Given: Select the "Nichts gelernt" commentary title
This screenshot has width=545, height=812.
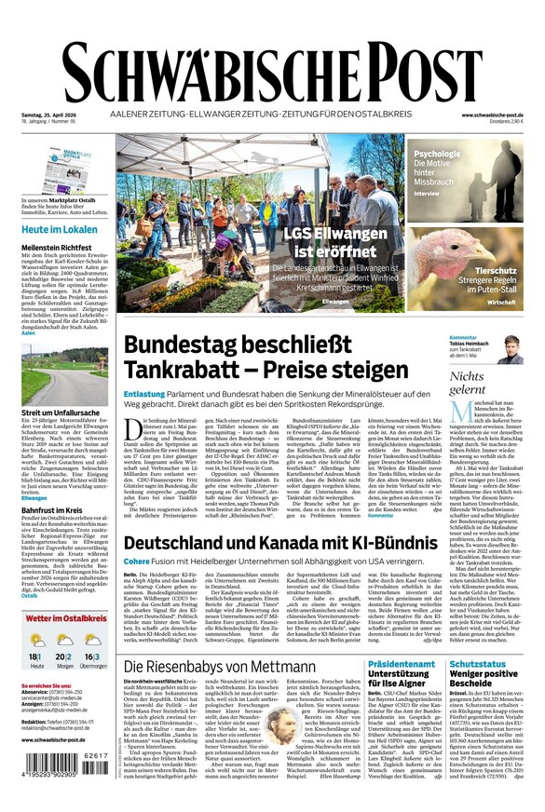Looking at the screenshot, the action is coord(467,383).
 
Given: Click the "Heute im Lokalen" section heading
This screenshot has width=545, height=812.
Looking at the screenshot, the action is coord(60,229).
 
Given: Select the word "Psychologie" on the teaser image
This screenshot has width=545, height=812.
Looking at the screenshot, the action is coord(436,154).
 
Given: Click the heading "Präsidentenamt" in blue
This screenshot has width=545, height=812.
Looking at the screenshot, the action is coord(401,665).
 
